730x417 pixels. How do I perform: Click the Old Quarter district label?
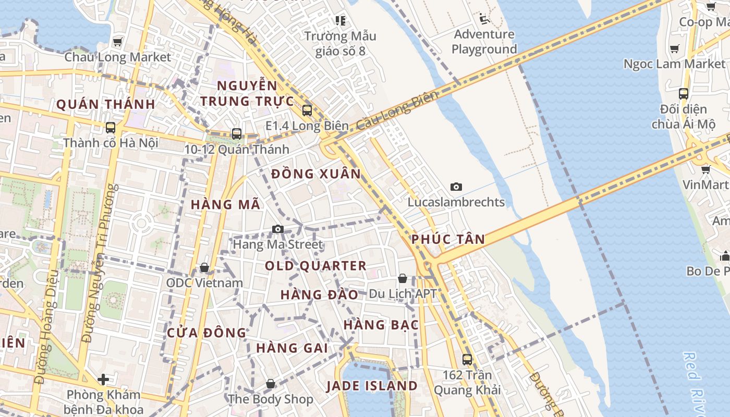pos(315,266)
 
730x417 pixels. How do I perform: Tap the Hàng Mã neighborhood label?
pos(225,204)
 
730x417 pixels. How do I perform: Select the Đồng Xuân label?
pos(316,174)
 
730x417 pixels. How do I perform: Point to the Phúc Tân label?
pos(448,240)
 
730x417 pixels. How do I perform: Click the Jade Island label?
pos(372,386)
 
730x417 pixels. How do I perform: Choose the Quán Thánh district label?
pos(105,104)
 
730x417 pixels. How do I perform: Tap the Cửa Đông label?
pos(206,333)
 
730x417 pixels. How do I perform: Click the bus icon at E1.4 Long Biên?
pos(307,111)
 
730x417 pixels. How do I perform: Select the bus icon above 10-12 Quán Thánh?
pos(237,134)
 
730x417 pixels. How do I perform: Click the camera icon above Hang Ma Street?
pos(278,229)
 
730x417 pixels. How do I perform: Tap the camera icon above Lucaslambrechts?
pos(456,187)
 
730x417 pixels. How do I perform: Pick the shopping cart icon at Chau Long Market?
pos(118,42)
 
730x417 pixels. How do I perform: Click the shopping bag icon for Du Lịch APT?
pos(403,278)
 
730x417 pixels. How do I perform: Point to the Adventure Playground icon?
pos(484,19)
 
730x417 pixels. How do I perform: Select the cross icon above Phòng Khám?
pos(103,379)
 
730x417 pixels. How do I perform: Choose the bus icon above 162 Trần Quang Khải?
pos(467,359)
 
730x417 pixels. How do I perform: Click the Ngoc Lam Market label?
pos(675,64)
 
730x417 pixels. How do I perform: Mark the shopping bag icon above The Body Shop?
pos(271,384)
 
